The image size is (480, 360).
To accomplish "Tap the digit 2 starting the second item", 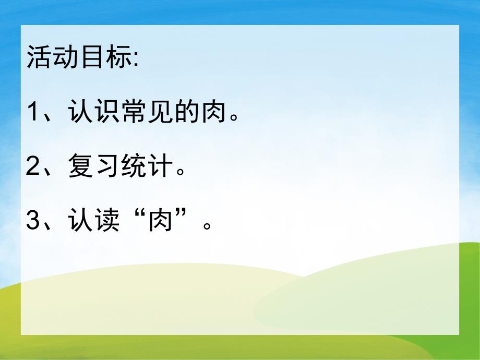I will (x=34, y=168).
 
